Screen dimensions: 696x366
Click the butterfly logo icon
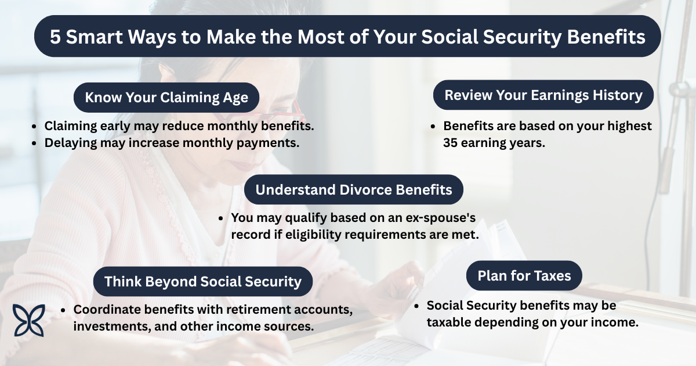[28, 320]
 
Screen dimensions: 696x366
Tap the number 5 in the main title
[55, 37]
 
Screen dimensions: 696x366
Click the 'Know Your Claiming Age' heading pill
[166, 98]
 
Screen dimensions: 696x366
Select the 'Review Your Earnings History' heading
[543, 95]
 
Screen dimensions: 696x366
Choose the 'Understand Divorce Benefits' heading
[354, 189]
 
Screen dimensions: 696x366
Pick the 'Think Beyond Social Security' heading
[203, 281]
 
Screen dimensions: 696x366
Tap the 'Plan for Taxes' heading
[524, 276]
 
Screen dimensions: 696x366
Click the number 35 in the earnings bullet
[450, 143]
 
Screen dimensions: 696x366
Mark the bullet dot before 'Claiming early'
[34, 127]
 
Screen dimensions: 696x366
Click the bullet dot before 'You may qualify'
[220, 218]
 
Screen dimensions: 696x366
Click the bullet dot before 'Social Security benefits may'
[416, 306]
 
